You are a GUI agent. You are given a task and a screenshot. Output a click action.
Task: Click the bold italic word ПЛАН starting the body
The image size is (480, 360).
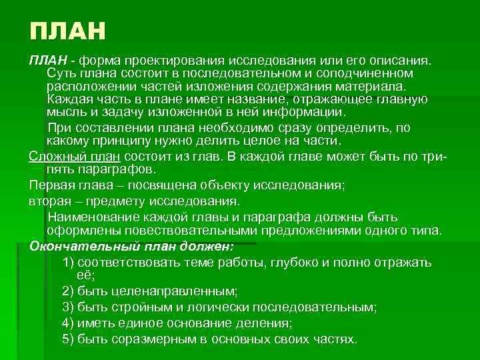45,61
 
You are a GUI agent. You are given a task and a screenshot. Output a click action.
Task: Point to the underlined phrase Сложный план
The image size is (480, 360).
74,156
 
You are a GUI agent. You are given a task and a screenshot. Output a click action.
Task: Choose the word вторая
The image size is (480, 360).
49,200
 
